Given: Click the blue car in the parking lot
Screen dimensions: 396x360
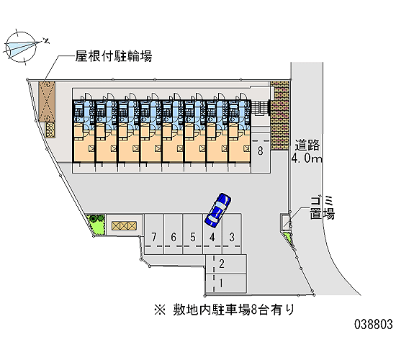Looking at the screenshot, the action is point(217,210).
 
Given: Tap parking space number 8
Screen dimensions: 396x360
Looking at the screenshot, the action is point(261,153).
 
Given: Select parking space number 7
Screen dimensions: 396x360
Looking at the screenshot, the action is point(154,234).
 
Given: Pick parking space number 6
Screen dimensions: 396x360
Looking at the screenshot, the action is point(174,234).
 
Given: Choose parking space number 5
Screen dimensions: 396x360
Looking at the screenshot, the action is point(193,234).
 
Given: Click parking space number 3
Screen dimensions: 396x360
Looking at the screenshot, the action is point(232,234).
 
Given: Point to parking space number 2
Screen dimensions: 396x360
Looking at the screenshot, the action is point(226,264).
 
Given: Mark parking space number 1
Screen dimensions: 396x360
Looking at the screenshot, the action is point(226,284).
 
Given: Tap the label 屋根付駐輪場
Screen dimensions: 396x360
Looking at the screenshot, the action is point(114,56).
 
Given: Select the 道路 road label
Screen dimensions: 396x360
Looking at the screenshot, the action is point(307,145).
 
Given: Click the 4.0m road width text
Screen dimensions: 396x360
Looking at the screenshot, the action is point(307,158).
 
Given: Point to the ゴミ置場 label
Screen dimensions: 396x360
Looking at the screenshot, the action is point(323,207).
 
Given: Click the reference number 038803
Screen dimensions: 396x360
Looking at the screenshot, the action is point(374,324).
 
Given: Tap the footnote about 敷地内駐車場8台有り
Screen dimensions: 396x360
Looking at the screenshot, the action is point(224,310).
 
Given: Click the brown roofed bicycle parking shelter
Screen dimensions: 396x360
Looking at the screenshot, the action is point(48,102).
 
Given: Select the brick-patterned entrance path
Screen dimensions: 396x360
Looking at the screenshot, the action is point(279,116).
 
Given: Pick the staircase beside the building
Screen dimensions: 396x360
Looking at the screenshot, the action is point(261,108).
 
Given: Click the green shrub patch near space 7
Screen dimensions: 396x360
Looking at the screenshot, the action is point(96,225).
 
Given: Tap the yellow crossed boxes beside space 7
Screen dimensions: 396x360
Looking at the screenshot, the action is point(124,225).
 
